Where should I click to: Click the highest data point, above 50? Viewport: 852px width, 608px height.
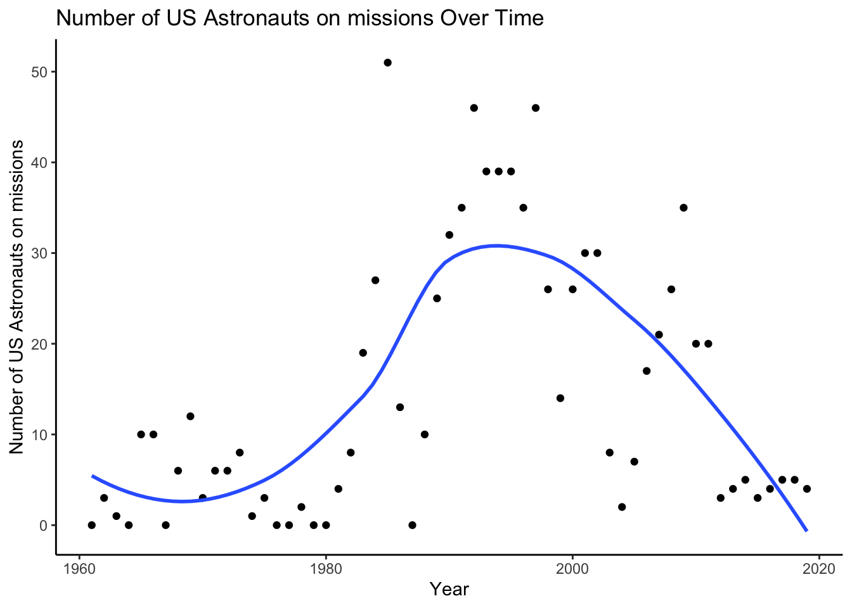tap(387, 63)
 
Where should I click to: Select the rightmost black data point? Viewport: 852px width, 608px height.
tap(807, 489)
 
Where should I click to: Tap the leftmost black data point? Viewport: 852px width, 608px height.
tap(92, 525)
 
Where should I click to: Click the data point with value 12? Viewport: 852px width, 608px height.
tap(190, 416)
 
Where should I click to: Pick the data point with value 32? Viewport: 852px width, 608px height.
tap(449, 235)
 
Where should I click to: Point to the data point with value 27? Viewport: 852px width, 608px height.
tap(375, 281)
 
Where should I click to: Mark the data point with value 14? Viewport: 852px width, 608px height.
tap(560, 398)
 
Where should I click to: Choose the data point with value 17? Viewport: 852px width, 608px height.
tap(647, 371)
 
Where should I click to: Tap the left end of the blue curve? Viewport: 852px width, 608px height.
tap(92, 476)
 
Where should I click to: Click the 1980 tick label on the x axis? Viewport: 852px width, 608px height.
tap(326, 569)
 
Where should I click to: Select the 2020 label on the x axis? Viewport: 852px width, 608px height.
tap(819, 569)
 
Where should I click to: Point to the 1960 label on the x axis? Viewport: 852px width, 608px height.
tap(79, 569)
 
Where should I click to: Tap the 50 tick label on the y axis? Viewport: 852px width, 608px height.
tap(39, 72)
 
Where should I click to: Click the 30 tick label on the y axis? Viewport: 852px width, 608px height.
tap(39, 253)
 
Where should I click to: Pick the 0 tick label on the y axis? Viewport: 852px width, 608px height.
tap(43, 526)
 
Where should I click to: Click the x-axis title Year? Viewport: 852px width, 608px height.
tap(449, 590)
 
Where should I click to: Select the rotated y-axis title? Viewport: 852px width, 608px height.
tap(16, 297)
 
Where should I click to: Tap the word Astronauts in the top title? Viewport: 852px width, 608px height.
tap(256, 18)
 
